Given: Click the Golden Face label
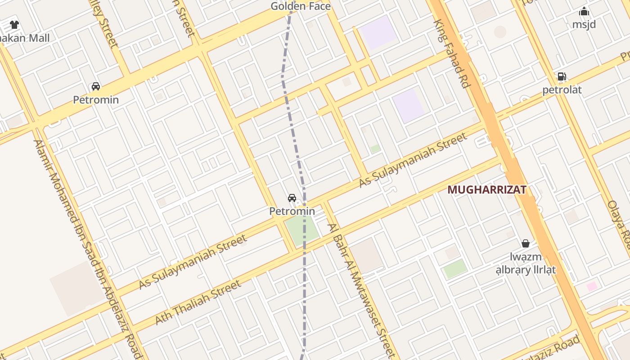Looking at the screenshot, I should [300, 6].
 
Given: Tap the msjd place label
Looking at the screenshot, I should [584, 24].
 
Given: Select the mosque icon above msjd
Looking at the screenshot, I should [584, 11].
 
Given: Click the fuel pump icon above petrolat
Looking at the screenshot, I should [562, 76].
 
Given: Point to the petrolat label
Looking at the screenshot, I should [562, 90].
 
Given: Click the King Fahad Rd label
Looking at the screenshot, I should [452, 54].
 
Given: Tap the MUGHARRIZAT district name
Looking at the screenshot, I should [486, 189].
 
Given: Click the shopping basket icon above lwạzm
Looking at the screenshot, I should [525, 243].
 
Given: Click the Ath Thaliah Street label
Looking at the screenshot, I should [198, 302].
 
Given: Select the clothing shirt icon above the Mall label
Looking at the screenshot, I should [14, 25].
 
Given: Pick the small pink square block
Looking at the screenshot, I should [592, 286].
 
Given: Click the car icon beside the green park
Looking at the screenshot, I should [292, 198].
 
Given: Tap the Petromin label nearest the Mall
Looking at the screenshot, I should [96, 99].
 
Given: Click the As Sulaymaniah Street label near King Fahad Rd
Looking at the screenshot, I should [413, 160].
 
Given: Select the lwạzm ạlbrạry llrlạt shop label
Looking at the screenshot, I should [526, 263].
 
